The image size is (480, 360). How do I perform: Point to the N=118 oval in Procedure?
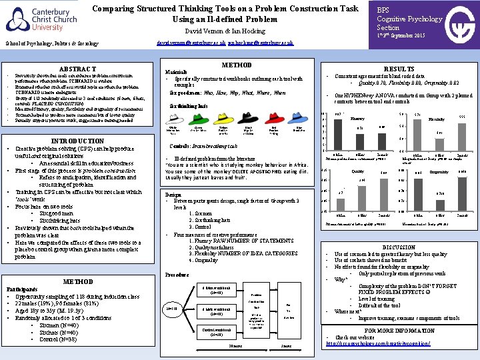coord(171,309)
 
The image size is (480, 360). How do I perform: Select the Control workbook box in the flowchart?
coord(216,333)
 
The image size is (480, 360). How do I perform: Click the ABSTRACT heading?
coord(77,69)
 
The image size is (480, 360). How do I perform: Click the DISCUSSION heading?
coord(398,247)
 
